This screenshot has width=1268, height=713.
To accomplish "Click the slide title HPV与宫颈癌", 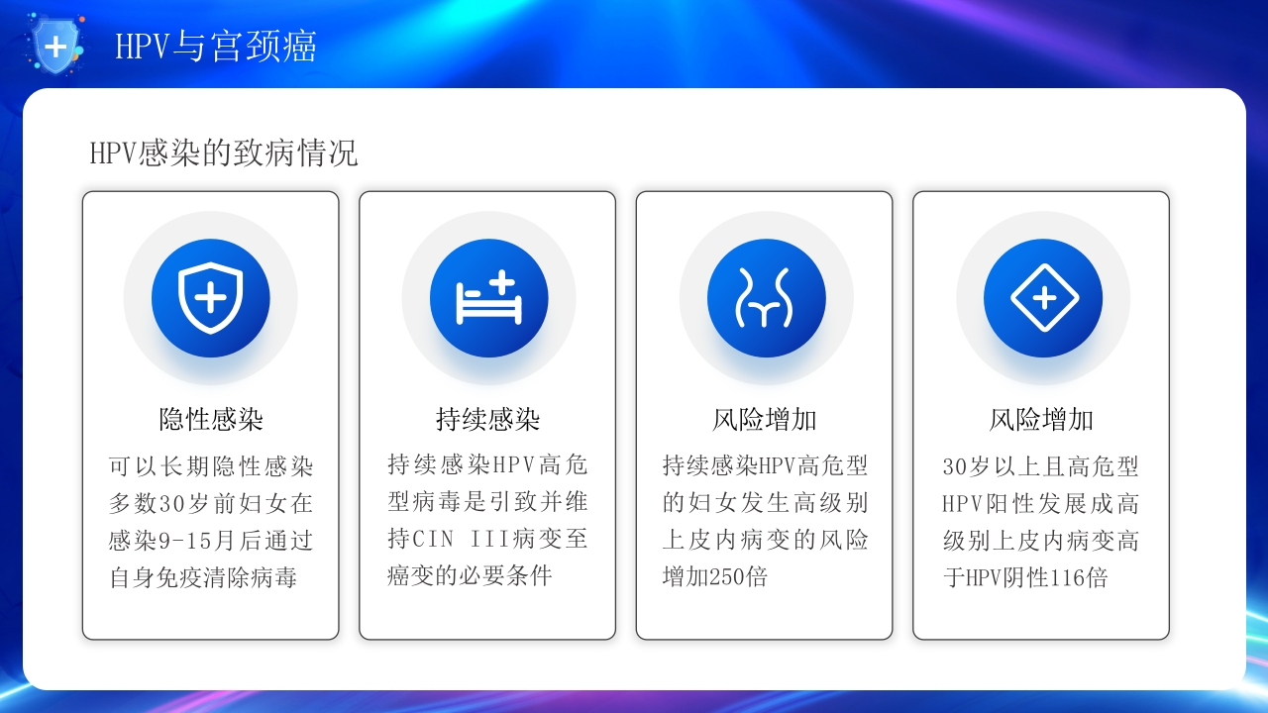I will pyautogui.click(x=216, y=47).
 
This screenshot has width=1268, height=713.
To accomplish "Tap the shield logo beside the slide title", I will pyautogui.click(x=57, y=46).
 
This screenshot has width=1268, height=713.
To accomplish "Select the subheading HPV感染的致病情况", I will pyautogui.click(x=224, y=153).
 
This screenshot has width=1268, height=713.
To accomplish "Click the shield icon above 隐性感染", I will pyautogui.click(x=210, y=298).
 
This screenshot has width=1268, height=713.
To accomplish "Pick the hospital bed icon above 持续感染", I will pyautogui.click(x=488, y=298).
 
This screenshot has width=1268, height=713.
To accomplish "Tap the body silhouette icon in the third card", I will pyautogui.click(x=766, y=298).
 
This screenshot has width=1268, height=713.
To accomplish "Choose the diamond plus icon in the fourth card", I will pyautogui.click(x=1043, y=298).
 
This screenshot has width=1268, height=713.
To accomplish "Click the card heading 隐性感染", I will pyautogui.click(x=211, y=419).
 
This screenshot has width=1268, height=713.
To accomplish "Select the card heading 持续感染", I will pyautogui.click(x=487, y=419).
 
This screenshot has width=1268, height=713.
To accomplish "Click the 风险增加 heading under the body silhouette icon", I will pyautogui.click(x=765, y=419).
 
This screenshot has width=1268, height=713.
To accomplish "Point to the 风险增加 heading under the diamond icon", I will pyautogui.click(x=1041, y=419).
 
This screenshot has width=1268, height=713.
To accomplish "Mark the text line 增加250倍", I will pyautogui.click(x=715, y=576).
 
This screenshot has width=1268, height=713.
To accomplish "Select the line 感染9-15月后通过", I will pyautogui.click(x=211, y=541).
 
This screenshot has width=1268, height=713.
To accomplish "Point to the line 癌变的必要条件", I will pyautogui.click(x=470, y=576).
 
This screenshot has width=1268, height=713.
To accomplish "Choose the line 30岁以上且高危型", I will pyautogui.click(x=1041, y=465).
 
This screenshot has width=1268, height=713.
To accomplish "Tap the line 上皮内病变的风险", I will pyautogui.click(x=765, y=540).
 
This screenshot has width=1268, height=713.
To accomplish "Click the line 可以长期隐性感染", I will pyautogui.click(x=211, y=465).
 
